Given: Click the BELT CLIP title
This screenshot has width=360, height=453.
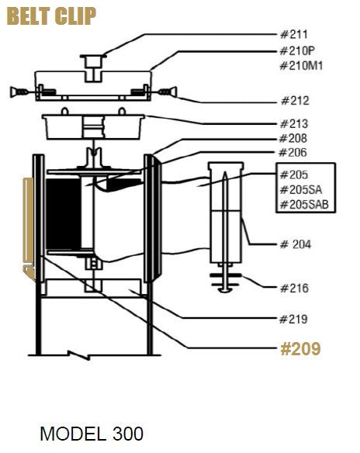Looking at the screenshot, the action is pos(51,16).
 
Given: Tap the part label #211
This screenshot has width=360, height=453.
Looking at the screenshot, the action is pos(294,34).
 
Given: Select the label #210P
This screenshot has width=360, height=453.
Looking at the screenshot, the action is pos(297,51).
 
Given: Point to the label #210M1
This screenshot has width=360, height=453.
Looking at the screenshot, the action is pos(301,66).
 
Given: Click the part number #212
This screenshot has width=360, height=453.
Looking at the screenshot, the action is pos(295,101).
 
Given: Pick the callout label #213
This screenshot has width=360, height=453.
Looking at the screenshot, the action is pos(294,124).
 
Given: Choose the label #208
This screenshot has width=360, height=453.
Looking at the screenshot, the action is pos(293,138).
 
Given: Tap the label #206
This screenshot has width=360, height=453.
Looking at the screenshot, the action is pos(292,152).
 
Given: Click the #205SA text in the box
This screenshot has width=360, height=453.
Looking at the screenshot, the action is pos(301,190).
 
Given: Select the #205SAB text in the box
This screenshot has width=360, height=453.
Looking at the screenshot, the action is pos(305,205).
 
